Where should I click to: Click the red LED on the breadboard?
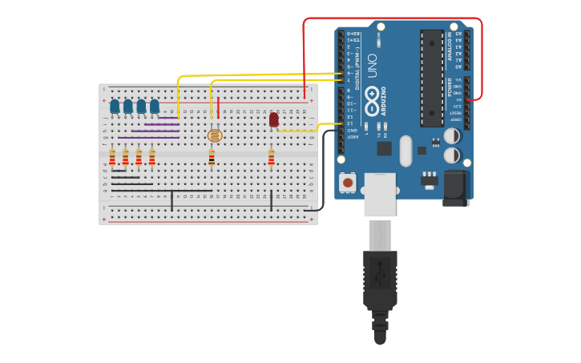(274, 119)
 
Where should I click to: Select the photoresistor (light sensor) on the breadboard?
(214, 135)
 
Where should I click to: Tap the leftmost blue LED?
(115, 106)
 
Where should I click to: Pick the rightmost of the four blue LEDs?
(155, 106)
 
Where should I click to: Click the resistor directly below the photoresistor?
(212, 159)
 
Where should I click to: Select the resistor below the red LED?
(271, 159)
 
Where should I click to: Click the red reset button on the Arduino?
(348, 183)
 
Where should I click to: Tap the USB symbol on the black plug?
(380, 275)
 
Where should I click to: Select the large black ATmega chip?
(431, 78)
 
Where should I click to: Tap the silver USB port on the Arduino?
(379, 194)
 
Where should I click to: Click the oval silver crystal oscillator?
(405, 151)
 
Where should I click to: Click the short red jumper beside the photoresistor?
(219, 108)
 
